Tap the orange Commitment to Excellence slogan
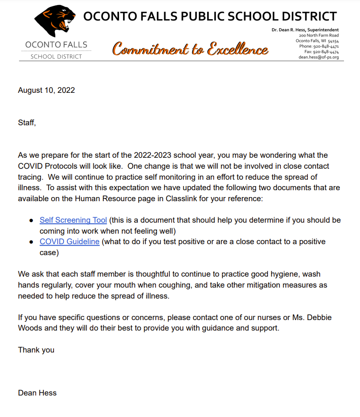190,49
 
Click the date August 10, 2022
46,90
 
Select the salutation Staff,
27,123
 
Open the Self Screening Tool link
73,220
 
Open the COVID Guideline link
70,241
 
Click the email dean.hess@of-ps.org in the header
318,57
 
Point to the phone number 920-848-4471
326,46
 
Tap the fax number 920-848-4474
326,52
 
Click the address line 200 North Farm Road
319,35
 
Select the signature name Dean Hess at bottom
37,393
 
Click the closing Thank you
36,350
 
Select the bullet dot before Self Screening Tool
31,220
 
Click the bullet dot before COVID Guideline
31,242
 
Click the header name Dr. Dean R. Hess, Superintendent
305,30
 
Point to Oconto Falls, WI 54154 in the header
317,41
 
